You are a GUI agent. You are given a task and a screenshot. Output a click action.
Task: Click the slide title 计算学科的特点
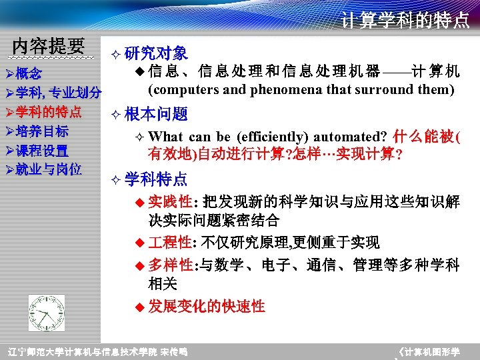point(405,21)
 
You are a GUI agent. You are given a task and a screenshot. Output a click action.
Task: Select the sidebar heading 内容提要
point(49,46)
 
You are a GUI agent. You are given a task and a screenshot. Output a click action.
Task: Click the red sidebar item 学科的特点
point(48,111)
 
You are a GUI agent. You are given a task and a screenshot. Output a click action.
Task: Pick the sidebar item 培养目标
point(42,131)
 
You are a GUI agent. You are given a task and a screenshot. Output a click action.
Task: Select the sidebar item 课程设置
point(42,150)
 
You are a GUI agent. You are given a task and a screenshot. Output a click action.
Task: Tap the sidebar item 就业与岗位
point(48,169)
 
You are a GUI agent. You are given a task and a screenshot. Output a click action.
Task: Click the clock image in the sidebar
point(46,312)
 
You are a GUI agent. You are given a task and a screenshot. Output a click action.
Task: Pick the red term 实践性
point(169,201)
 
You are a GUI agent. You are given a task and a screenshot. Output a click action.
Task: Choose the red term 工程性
point(169,242)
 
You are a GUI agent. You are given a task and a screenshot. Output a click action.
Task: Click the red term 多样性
point(169,265)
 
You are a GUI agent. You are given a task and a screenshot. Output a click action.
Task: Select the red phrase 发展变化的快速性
point(207,307)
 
